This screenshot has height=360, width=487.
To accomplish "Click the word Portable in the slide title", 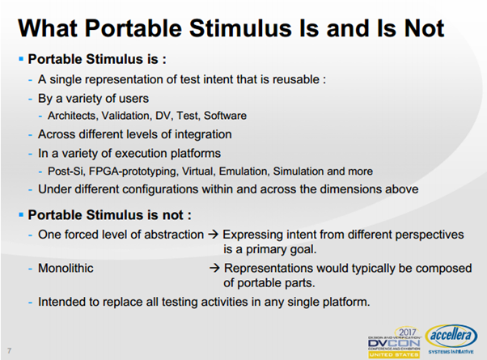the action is [x=133, y=28].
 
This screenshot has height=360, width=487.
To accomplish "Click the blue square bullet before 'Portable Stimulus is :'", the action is [x=21, y=59].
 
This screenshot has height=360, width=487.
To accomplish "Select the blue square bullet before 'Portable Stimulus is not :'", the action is [x=21, y=214].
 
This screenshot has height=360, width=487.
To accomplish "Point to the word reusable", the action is [x=296, y=79].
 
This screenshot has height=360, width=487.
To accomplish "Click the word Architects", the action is [x=74, y=116].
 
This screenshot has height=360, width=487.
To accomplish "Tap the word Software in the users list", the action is [x=225, y=116].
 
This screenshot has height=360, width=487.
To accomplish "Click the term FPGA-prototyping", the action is [x=133, y=172].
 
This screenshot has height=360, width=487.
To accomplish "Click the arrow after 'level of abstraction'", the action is [x=213, y=235].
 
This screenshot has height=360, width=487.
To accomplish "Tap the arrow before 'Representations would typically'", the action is [x=214, y=268].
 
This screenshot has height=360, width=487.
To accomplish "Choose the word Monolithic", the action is [x=66, y=268].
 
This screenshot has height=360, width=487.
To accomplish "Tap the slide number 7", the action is [x=10, y=350].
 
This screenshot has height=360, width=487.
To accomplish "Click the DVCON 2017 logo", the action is [x=395, y=342].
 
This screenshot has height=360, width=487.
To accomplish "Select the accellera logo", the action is [x=451, y=339].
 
